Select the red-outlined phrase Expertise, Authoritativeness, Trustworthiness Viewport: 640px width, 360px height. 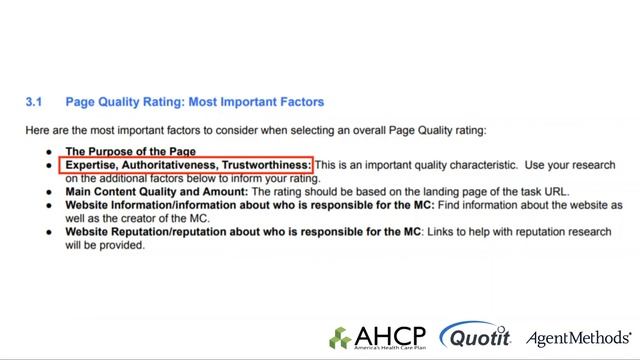[188, 164]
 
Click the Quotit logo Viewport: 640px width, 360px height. [475, 336]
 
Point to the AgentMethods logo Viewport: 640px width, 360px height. [579, 337]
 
